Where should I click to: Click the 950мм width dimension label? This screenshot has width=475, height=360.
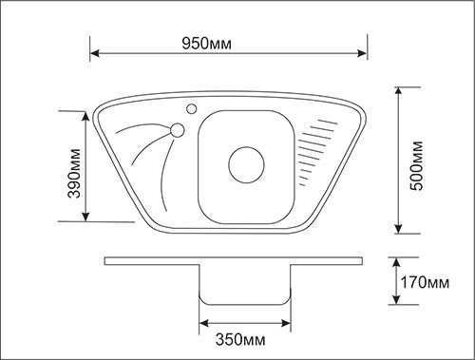coord(206,44)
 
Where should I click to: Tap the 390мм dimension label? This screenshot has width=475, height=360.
coord(74,173)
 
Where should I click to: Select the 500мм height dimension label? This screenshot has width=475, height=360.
coord(416,165)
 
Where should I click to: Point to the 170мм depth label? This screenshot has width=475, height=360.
coord(425,282)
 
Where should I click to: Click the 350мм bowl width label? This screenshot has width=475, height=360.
coord(240,340)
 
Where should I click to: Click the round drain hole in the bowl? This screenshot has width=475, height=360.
coord(246,164)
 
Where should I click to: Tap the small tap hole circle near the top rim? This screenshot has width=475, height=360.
coord(191,108)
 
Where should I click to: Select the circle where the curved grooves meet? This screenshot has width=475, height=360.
coord(177,130)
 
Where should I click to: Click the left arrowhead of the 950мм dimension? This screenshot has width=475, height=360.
coord(95,53)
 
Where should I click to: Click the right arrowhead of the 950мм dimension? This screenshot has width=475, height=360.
coord(362,53)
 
